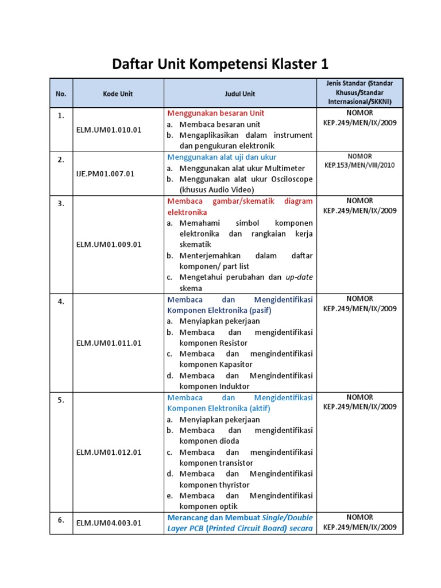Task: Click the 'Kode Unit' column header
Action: click(118, 94)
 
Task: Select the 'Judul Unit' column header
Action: click(239, 94)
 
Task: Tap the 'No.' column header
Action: click(61, 94)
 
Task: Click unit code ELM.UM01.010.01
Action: click(109, 130)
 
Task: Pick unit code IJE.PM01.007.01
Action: click(105, 173)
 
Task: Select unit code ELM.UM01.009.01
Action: click(109, 244)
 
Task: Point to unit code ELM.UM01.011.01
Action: click(109, 343)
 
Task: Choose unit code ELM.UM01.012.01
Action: click(109, 452)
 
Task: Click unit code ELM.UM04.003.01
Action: click(109, 523)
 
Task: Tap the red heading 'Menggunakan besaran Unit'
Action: click(215, 113)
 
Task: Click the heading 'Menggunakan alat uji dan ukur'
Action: click(222, 157)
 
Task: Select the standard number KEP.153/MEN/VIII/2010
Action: click(359, 165)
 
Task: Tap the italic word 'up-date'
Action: click(299, 277)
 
